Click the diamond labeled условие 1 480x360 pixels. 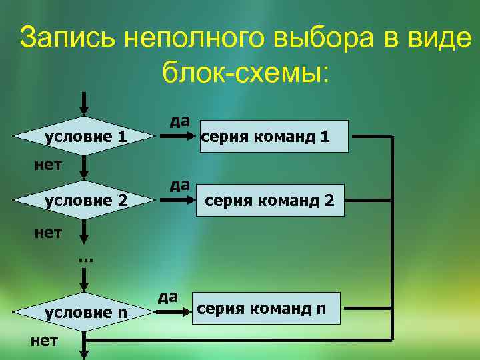pyautogui.click(x=85, y=137)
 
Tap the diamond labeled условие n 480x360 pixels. pyautogui.click(x=85, y=312)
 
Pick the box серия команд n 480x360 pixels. pyautogui.click(x=266, y=309)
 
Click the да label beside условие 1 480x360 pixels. pyautogui.click(x=179, y=121)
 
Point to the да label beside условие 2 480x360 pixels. pyautogui.click(x=179, y=184)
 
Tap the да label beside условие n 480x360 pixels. pyautogui.click(x=167, y=296)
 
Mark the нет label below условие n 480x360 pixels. pyautogui.click(x=45, y=341)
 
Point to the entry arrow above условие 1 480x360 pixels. pyautogui.click(x=84, y=103)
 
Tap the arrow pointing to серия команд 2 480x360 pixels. pyautogui.click(x=176, y=200)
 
